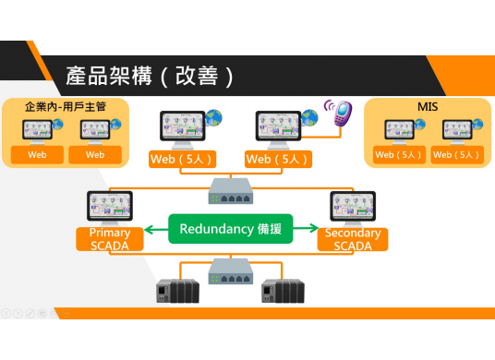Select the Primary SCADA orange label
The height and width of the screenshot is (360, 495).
point(110,239)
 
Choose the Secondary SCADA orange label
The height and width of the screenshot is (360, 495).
point(353,239)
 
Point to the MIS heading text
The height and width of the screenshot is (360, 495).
point(428,107)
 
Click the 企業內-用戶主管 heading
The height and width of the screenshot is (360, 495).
point(66,107)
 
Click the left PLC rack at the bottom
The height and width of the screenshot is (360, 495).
point(176,291)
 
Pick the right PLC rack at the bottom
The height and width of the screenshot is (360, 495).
point(282,291)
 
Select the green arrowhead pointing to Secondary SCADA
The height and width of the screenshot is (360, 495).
point(314,229)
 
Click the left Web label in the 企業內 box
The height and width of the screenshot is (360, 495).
point(37,154)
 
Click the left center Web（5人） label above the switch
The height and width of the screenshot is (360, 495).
point(179,160)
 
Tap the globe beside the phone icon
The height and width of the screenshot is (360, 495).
point(310,118)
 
